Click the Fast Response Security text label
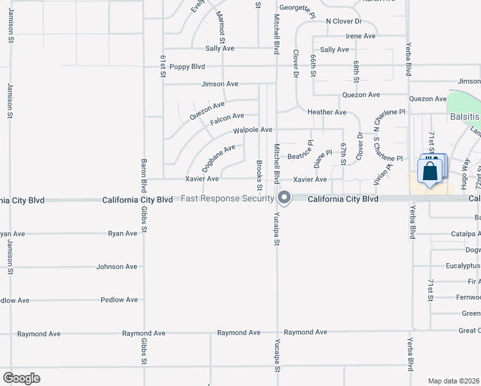tap(228, 198)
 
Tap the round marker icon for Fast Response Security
tap(284, 198)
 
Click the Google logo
tap(21, 378)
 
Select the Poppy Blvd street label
tap(187, 66)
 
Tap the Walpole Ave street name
tap(253, 130)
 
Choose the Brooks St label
tap(259, 175)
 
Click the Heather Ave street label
tap(327, 112)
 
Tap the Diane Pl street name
tap(323, 156)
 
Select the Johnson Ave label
tap(117, 266)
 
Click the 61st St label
tap(163, 66)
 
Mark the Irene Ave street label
tap(360, 36)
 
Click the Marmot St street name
tap(221, 26)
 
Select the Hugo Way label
tap(467, 170)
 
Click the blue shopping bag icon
tap(428, 172)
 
